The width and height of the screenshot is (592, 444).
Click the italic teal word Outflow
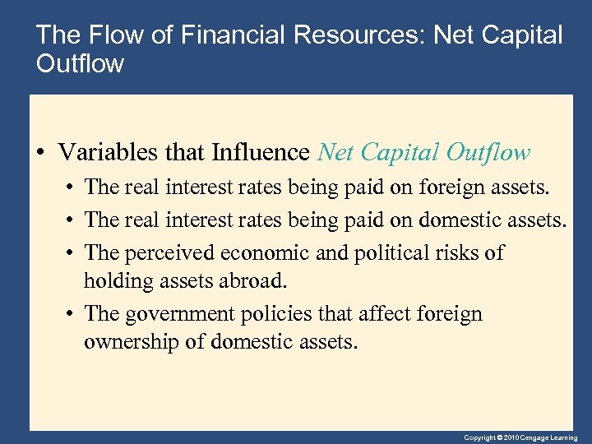click(x=488, y=153)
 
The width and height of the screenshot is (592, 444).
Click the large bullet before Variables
click(x=42, y=154)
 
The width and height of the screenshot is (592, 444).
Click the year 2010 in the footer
click(x=511, y=438)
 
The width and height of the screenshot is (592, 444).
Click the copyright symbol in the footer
click(x=498, y=438)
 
